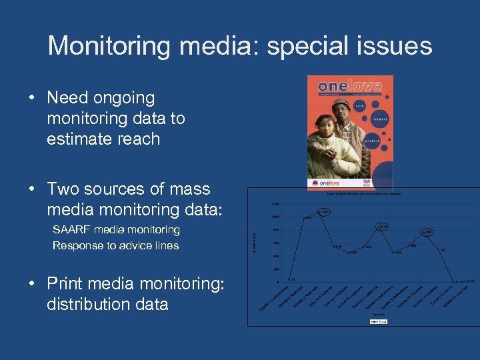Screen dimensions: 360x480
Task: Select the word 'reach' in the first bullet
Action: (x=137, y=139)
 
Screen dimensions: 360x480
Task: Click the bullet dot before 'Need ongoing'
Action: (x=32, y=98)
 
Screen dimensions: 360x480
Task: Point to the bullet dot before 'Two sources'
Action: (x=32, y=189)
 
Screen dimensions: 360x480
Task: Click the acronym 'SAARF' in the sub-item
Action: (x=73, y=229)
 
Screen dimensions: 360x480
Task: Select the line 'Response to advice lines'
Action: (x=115, y=245)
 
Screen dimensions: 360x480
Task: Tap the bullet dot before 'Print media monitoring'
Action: (x=32, y=284)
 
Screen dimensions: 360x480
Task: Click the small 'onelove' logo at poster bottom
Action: (x=330, y=181)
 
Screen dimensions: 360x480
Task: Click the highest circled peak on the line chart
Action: (x=323, y=212)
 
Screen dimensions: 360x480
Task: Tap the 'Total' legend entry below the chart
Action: (x=378, y=321)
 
